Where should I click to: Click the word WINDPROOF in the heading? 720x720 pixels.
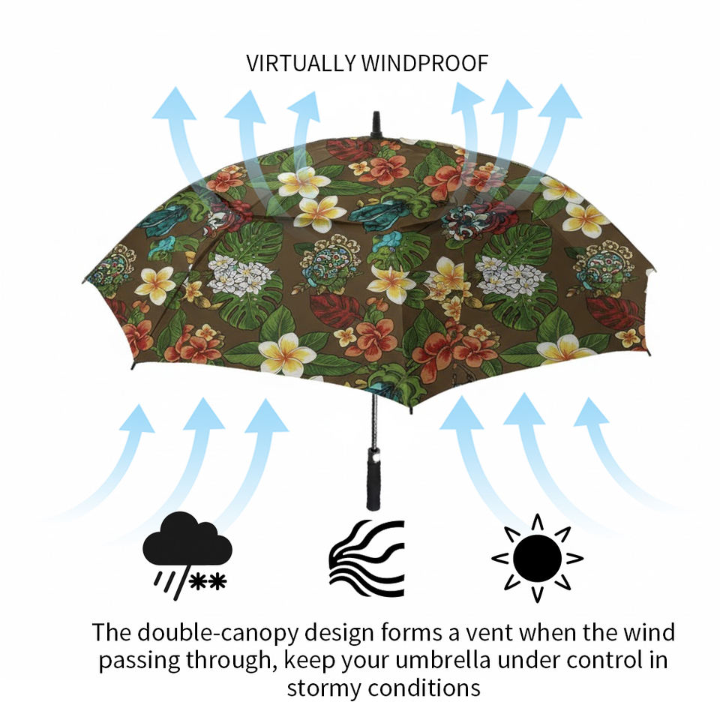click(424, 63)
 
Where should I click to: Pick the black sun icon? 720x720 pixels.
click(537, 558)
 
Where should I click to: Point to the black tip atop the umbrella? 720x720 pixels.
click(376, 124)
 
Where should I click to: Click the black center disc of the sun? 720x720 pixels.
click(537, 558)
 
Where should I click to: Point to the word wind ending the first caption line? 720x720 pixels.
click(649, 632)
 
